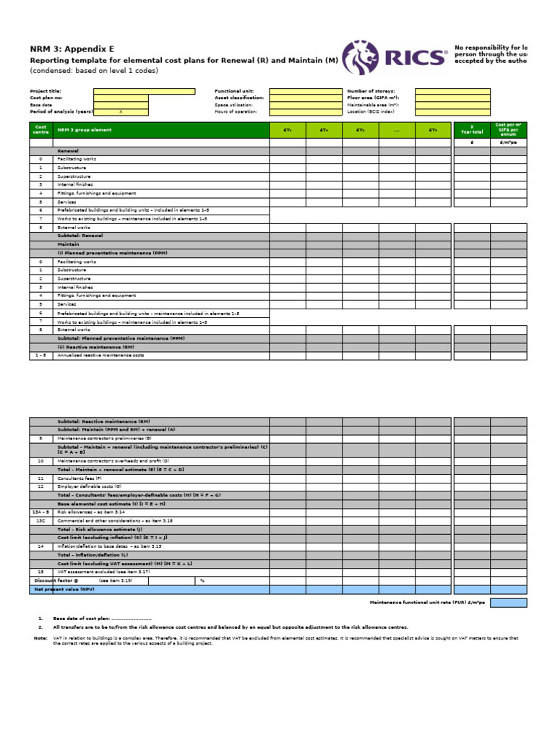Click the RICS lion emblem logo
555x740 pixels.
(359, 57)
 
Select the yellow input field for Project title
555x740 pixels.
(144, 91)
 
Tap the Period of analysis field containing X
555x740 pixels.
(121, 112)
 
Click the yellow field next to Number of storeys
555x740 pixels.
(452, 91)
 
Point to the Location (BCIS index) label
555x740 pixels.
(371, 112)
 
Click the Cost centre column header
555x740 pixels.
(40, 130)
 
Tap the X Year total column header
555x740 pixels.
(471, 130)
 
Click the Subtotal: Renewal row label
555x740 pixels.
(80, 236)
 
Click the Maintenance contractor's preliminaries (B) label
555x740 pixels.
(104, 438)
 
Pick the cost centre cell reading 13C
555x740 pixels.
(40, 520)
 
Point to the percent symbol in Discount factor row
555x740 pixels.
(202, 580)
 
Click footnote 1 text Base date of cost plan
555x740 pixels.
(94, 619)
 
